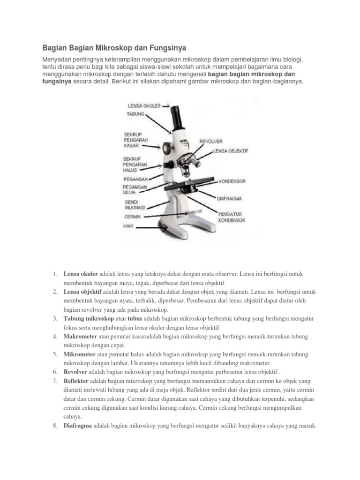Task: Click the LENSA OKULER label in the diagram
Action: pyautogui.click(x=144, y=106)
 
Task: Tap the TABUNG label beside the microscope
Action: pyautogui.click(x=135, y=114)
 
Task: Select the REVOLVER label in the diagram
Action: pyautogui.click(x=211, y=142)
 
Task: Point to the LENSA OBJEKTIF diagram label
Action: pyautogui.click(x=231, y=151)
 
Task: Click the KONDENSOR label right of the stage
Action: pyautogui.click(x=232, y=181)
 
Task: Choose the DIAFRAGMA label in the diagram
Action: pyautogui.click(x=229, y=199)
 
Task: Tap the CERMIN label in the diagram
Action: pyautogui.click(x=133, y=217)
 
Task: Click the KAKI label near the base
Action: pyautogui.click(x=128, y=226)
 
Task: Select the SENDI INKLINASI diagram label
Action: pyautogui.click(x=135, y=205)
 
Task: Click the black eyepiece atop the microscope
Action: pyautogui.click(x=177, y=117)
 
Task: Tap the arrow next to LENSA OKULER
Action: pyautogui.click(x=165, y=106)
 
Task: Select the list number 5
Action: pyautogui.click(x=55, y=354)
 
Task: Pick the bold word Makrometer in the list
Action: pyautogui.click(x=80, y=337)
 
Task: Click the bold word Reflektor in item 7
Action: pyautogui.click(x=76, y=381)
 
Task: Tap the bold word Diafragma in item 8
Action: pyautogui.click(x=78, y=426)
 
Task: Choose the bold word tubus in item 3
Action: pyautogui.click(x=135, y=319)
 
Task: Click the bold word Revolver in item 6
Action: pyautogui.click(x=75, y=372)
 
